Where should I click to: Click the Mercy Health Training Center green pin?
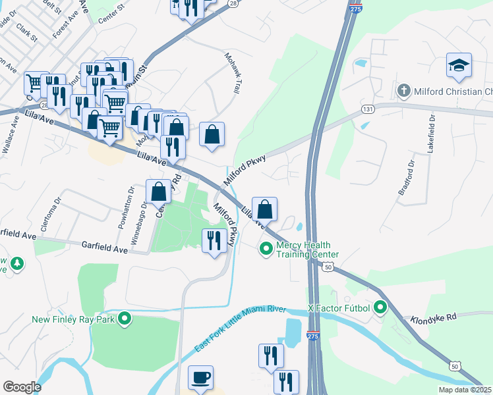click(x=266, y=249)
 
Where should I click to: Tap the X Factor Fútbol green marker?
click(x=380, y=307)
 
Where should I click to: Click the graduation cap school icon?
click(x=459, y=66)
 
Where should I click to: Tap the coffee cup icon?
click(x=201, y=378)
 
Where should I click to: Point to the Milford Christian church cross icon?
click(x=403, y=91)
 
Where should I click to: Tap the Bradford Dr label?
click(x=405, y=178)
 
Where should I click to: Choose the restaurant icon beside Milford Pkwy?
click(x=213, y=240)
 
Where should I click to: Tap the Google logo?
click(x=22, y=386)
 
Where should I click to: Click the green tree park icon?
click(x=16, y=265)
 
